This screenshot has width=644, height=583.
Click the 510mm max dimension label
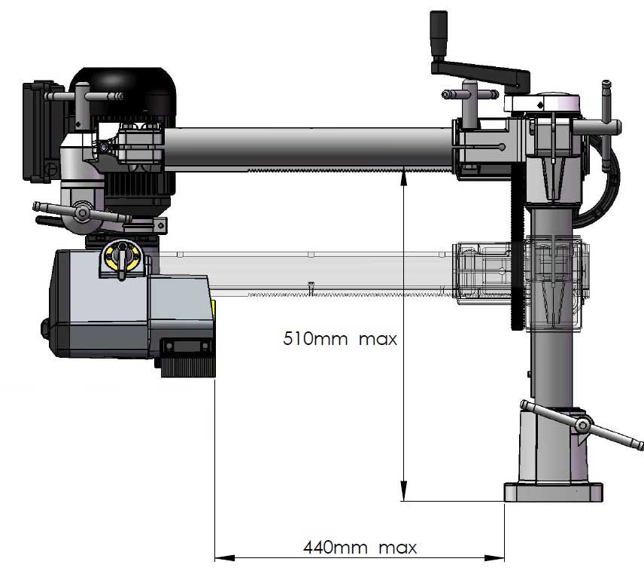[339, 338]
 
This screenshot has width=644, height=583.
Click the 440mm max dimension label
[360, 547]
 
